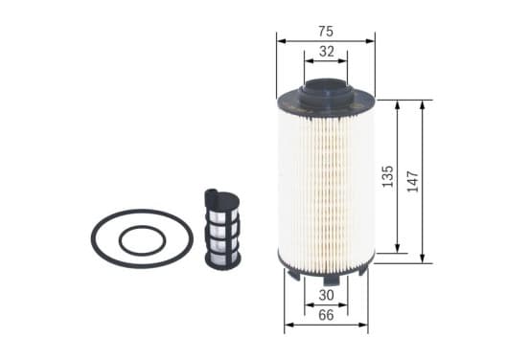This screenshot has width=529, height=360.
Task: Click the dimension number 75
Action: pos(326,32)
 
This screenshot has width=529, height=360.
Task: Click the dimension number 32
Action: pos(326,52)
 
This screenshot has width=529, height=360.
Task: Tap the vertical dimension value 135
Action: pos(387,176)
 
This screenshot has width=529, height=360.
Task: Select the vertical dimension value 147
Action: pos(413,181)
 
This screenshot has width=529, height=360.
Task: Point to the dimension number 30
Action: pos(326,295)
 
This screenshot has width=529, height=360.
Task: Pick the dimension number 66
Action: pos(326,315)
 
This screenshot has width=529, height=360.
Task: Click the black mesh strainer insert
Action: pos(222,229)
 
